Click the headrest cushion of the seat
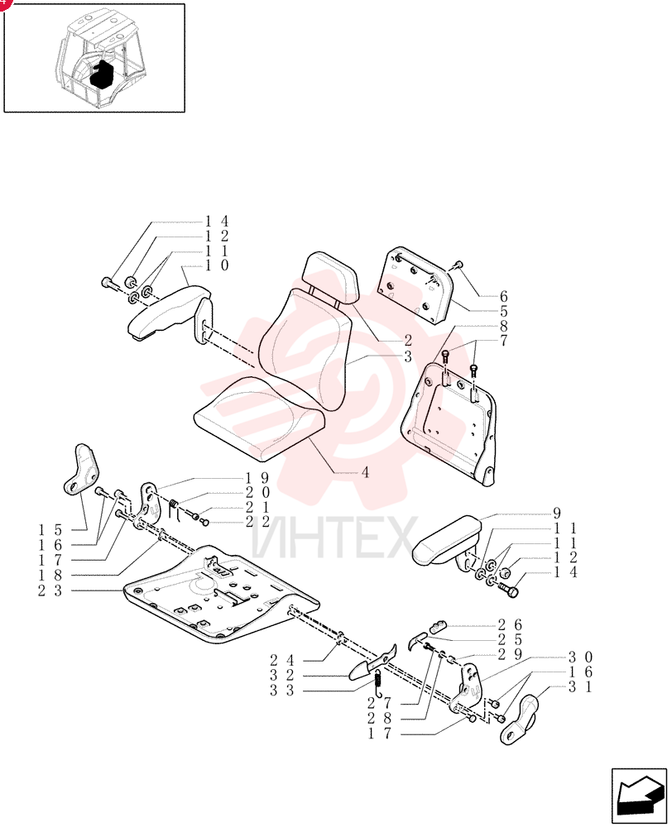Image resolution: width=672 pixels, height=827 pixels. point(330,278)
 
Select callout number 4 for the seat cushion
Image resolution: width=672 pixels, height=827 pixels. point(365,472)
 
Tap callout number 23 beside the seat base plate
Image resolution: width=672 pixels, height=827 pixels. point(50,590)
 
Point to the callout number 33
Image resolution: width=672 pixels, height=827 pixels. point(282,691)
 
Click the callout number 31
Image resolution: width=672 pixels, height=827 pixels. point(580,687)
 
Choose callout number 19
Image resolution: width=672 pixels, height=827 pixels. point(257,478)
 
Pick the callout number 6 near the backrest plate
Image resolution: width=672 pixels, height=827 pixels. point(504,296)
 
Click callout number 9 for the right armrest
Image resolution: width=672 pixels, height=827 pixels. point(556,513)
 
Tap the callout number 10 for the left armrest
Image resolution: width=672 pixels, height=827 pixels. point(217,265)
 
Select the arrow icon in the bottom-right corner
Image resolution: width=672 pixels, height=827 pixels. point(639,796)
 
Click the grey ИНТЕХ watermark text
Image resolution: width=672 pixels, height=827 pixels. point(334,538)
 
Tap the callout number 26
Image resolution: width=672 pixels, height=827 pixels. point(510,625)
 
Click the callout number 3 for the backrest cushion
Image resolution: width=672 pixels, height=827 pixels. point(407,356)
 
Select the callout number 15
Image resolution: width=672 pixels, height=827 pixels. point(50,529)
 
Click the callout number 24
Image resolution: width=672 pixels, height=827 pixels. point(282,660)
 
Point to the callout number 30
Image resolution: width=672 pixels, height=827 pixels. point(580,657)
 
